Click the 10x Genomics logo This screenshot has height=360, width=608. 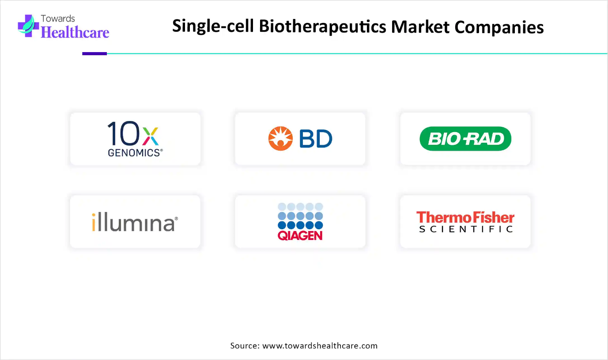tap(135, 139)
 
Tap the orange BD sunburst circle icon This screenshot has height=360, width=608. tap(280, 138)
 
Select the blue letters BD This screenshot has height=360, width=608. tap(316, 138)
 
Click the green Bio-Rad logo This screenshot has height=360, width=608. tap(465, 138)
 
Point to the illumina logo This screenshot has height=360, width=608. tap(135, 222)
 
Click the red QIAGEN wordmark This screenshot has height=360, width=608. tap(300, 235)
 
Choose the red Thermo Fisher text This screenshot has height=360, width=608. tap(465, 217)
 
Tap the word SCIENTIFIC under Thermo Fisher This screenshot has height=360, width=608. tap(466, 229)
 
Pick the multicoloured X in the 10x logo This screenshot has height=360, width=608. tap(151, 136)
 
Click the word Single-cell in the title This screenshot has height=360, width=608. tap(213, 27)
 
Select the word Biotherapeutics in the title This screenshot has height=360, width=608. tap(322, 27)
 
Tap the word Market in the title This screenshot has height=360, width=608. tap(420, 27)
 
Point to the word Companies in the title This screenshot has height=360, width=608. tap(499, 27)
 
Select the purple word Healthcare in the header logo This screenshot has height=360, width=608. tap(75, 32)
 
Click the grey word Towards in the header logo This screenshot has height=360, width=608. tap(58, 19)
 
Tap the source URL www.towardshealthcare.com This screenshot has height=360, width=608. tap(320, 345)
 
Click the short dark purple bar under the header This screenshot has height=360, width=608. tap(94, 54)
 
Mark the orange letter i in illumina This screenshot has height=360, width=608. tap(94, 222)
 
